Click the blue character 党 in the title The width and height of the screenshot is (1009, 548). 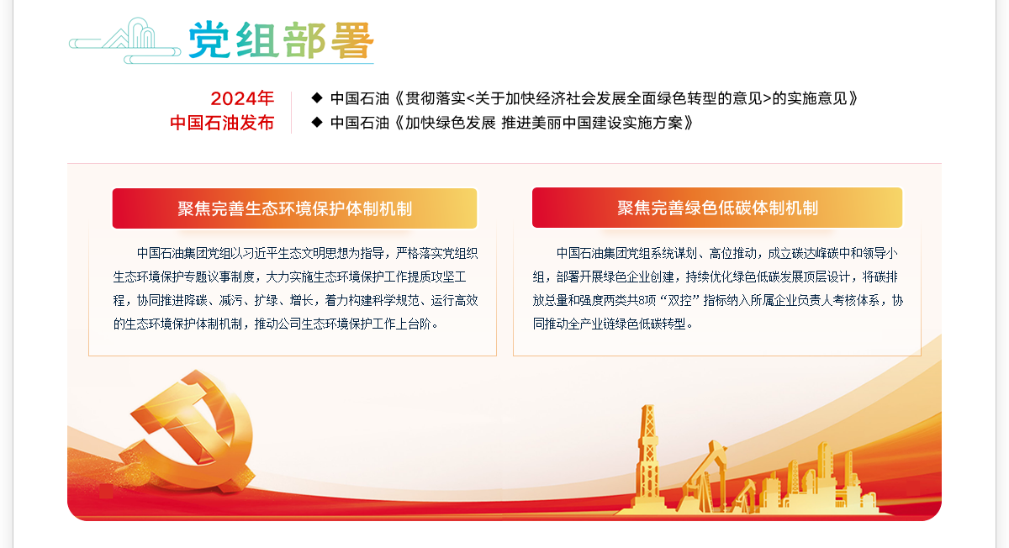209,40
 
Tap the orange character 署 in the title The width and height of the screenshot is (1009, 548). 352,40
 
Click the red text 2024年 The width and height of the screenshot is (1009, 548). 242,98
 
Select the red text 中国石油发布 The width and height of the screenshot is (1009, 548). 222,123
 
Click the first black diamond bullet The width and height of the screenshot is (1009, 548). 317,97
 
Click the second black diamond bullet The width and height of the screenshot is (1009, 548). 317,122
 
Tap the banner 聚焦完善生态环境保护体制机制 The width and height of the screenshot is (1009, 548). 294,208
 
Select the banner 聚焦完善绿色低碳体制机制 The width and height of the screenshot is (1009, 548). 717,208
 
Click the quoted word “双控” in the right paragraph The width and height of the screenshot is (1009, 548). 680,300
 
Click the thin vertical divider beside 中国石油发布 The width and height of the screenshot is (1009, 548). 292,113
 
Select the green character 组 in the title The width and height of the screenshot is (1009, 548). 256,40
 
